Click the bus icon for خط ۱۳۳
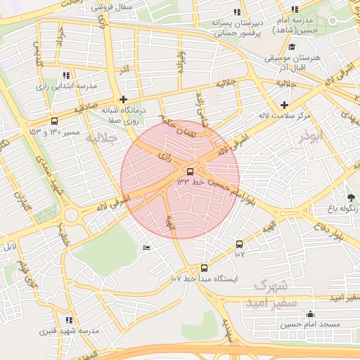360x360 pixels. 190,172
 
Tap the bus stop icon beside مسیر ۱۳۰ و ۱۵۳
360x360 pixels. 55,122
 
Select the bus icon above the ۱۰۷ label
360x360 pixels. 240,244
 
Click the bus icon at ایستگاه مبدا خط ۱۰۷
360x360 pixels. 204,268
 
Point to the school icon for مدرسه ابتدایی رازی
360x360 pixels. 66,75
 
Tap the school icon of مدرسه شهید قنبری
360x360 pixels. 68,320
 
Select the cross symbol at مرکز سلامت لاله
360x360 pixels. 285,104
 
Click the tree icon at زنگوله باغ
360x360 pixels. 351,196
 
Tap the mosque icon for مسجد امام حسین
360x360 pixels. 311,314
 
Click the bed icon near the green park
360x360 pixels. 146,247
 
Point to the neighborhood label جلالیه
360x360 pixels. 100,139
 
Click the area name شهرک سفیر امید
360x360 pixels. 271,294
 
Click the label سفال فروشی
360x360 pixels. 134,6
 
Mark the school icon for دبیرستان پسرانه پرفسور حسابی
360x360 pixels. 239,12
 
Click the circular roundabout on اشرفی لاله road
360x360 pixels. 72,214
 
